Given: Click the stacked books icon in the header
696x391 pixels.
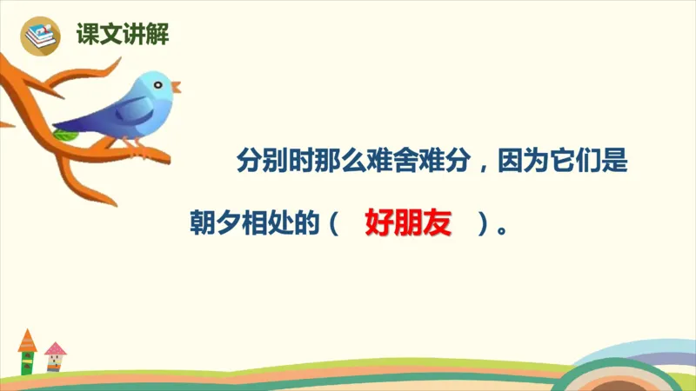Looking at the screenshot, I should [x=39, y=36].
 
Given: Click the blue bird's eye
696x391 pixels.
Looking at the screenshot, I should [x=158, y=83].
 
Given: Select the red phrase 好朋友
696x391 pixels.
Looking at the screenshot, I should [x=409, y=223].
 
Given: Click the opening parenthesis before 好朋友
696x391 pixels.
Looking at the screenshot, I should [x=333, y=224].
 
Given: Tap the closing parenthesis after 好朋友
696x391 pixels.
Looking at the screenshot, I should [x=481, y=224].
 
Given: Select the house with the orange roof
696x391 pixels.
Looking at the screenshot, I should [x=28, y=351].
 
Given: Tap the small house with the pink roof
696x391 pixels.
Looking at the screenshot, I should [x=55, y=356].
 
